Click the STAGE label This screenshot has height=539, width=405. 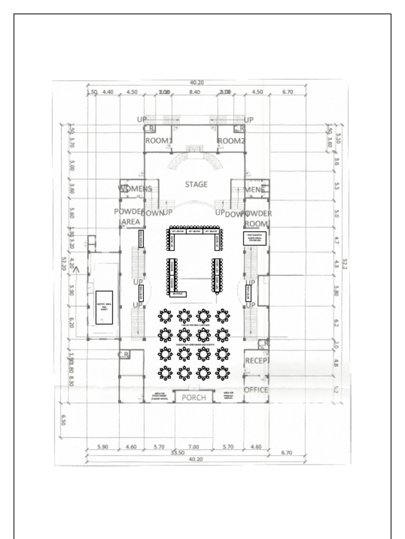(x=196, y=184)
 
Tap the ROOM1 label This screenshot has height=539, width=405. (x=159, y=141)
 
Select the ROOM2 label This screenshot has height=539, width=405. (x=232, y=141)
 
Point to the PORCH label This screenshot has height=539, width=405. (x=194, y=397)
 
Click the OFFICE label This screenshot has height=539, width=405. (x=256, y=390)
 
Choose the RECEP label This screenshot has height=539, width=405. (x=256, y=361)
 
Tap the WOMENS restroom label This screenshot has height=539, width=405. (x=135, y=188)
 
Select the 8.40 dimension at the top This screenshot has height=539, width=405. (x=194, y=92)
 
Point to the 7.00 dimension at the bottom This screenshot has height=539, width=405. (x=194, y=447)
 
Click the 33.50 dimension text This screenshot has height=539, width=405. (x=178, y=453)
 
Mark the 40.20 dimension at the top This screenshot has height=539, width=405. (x=197, y=82)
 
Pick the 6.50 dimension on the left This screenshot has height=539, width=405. (x=63, y=420)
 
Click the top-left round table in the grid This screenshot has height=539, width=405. (x=166, y=316)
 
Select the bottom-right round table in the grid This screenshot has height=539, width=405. (x=223, y=373)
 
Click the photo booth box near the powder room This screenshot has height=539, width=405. (x=255, y=238)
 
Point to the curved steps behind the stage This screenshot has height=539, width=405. (x=195, y=158)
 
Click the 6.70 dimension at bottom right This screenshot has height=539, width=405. (x=287, y=453)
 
